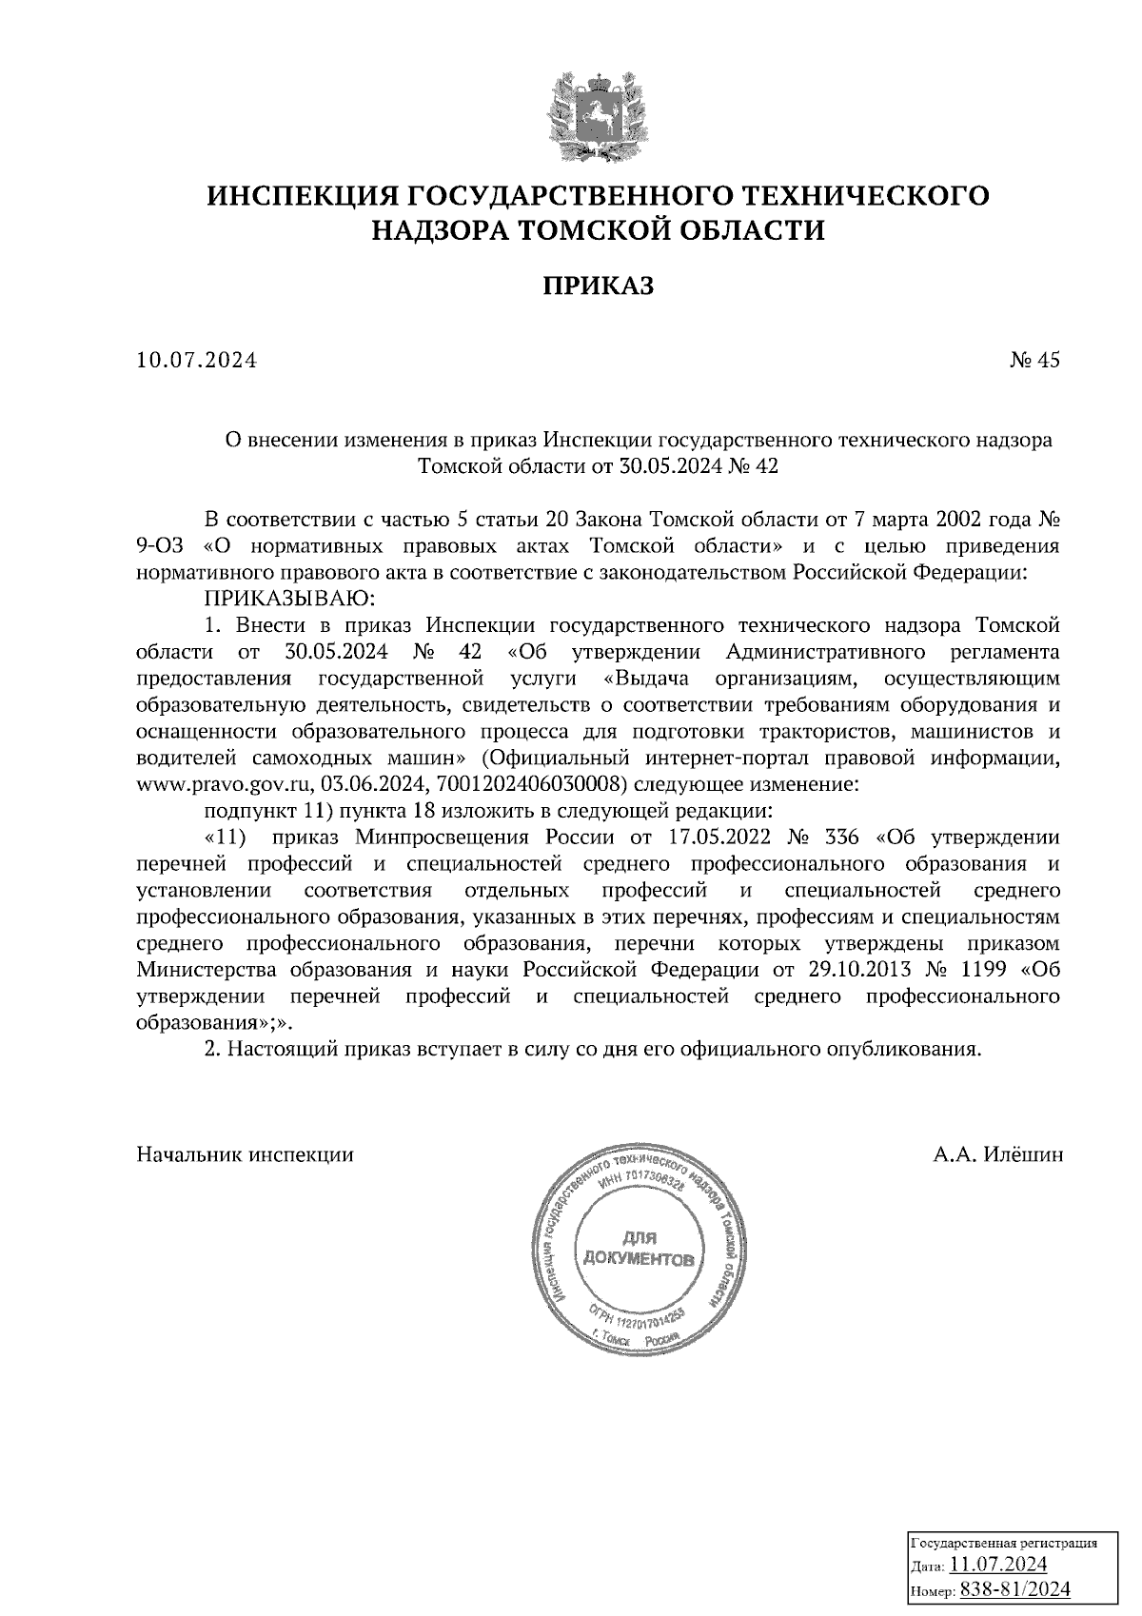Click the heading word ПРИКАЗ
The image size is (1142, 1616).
599,286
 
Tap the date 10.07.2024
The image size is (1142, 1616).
197,361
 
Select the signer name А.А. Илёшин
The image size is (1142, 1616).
998,1155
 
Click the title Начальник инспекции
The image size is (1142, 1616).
246,1155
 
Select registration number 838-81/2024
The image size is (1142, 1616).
1015,1589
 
